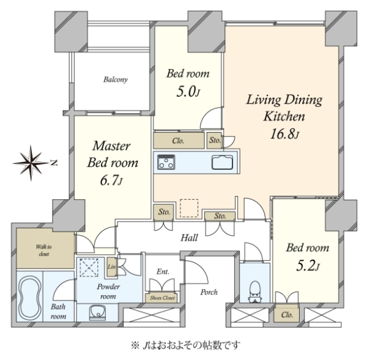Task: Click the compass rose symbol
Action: (31, 163)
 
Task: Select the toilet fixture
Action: (254, 291)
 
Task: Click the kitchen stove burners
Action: (166, 162)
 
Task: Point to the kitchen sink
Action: (223, 162)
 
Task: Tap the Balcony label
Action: (116, 80)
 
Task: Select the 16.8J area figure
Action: (284, 134)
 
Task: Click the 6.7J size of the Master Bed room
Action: (111, 180)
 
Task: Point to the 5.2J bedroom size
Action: (308, 266)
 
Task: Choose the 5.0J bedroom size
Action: (188, 92)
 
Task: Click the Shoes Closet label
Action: (162, 298)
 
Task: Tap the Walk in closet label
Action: (44, 251)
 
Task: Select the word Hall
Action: (189, 238)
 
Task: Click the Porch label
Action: (209, 292)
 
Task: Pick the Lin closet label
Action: (112, 266)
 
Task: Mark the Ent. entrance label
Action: (163, 272)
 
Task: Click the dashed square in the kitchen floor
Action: (189, 208)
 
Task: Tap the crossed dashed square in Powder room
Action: (89, 268)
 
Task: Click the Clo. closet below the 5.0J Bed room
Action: (179, 141)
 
